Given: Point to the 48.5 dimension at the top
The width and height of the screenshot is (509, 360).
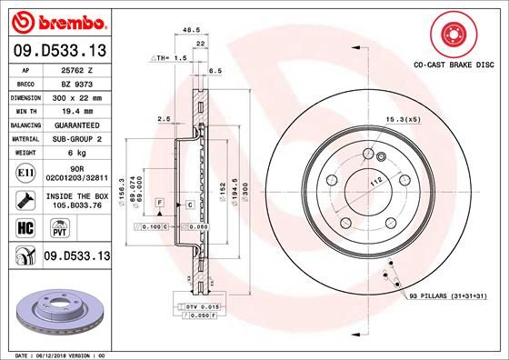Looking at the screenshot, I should [191, 29].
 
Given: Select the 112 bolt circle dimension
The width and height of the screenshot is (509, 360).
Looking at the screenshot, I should [373, 182].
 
